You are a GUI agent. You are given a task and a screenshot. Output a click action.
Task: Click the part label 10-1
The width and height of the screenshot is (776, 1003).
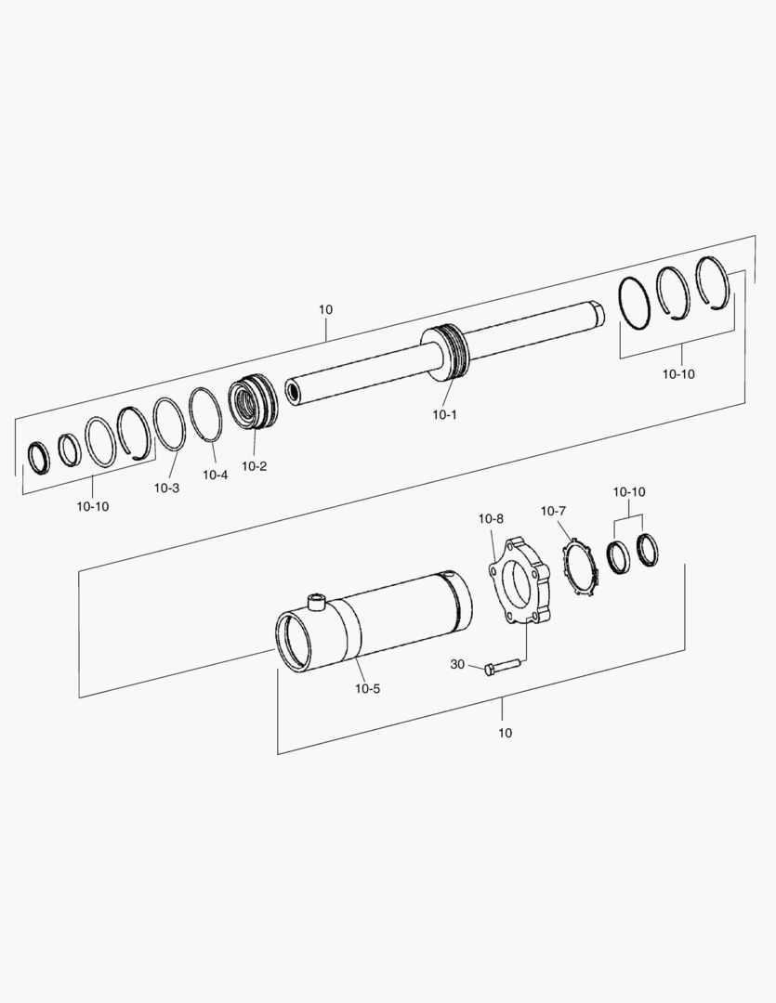444,415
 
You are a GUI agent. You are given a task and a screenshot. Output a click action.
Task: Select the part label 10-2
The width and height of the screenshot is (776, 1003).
254,465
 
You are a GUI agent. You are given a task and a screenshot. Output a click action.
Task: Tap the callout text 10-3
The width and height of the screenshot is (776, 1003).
166,488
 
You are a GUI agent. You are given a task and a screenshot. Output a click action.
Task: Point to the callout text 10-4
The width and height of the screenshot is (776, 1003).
215,475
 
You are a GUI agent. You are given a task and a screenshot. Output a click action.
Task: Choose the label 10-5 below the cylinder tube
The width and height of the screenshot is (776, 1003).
367,688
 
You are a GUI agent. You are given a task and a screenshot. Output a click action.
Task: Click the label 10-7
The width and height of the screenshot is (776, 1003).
553,511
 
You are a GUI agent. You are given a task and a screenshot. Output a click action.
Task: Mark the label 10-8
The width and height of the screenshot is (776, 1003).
491,517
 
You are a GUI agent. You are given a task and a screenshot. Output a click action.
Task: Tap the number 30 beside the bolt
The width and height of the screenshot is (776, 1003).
457,664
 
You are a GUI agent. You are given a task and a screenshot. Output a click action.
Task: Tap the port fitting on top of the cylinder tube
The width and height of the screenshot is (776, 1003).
318,600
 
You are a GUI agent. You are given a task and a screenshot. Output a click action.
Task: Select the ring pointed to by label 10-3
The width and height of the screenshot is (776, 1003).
168,423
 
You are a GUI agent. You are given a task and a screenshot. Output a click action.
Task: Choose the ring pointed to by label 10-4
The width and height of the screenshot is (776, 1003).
204,412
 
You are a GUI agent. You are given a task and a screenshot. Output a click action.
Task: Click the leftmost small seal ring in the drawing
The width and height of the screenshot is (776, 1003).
37,456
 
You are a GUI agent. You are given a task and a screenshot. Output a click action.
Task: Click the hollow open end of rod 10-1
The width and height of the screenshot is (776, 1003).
292,391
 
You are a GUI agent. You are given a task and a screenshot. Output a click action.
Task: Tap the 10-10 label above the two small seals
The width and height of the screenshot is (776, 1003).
628,491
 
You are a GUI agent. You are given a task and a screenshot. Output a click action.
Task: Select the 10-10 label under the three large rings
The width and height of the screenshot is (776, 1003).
677,374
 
